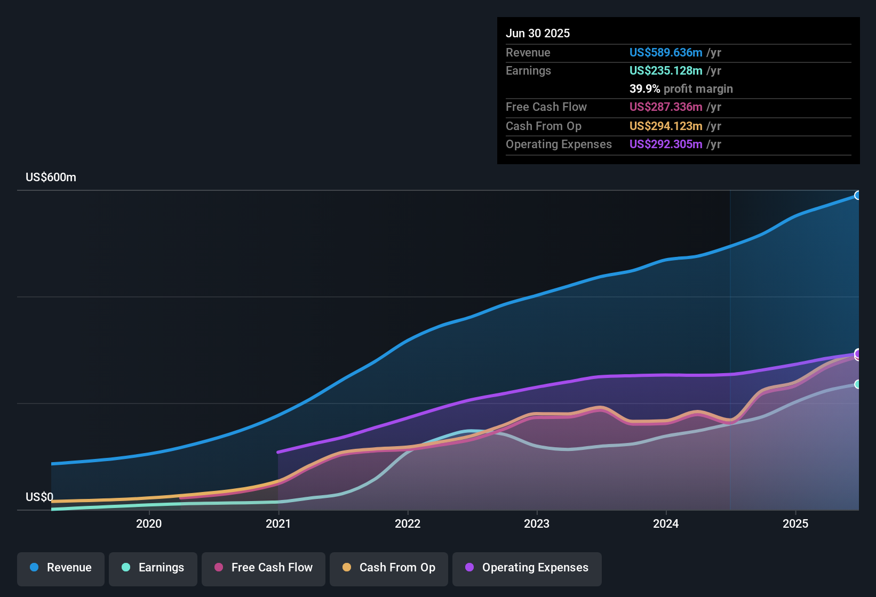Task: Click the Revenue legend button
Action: pyautogui.click(x=61, y=568)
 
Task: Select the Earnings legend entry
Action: pyautogui.click(x=153, y=568)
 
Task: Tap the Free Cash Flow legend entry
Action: pyautogui.click(x=264, y=568)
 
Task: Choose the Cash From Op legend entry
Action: pyautogui.click(x=389, y=568)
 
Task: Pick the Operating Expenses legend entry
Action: pyautogui.click(x=527, y=568)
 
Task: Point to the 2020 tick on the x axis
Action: pyautogui.click(x=149, y=523)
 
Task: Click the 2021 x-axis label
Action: pyautogui.click(x=278, y=523)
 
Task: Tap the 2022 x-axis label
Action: pyautogui.click(x=408, y=523)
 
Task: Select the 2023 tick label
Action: pyautogui.click(x=537, y=523)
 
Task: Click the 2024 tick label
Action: pyautogui.click(x=666, y=523)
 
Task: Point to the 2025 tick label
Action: pyautogui.click(x=795, y=523)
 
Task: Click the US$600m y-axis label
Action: pyautogui.click(x=51, y=178)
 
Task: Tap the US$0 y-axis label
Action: pyautogui.click(x=39, y=497)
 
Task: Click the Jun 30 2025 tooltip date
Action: pyautogui.click(x=538, y=34)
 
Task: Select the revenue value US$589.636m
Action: pyautogui.click(x=666, y=53)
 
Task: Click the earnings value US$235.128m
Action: pyautogui.click(x=666, y=71)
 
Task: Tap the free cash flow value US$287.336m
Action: pyautogui.click(x=666, y=107)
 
